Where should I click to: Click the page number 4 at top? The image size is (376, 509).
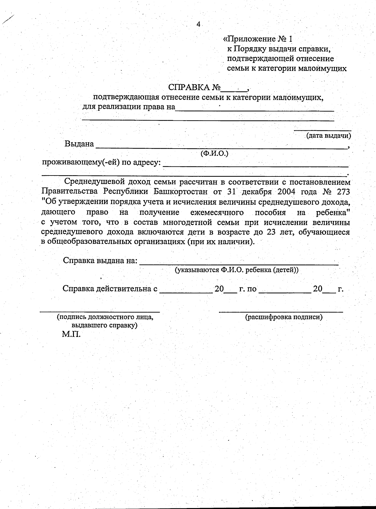pyautogui.click(x=198, y=24)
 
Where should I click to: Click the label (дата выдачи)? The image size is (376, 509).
pyautogui.click(x=328, y=136)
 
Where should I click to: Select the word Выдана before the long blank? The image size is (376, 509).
pyautogui.click(x=79, y=144)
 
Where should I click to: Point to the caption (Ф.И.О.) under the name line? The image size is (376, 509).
pyautogui.click(x=215, y=154)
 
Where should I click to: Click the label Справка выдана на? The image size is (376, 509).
pyautogui.click(x=100, y=261)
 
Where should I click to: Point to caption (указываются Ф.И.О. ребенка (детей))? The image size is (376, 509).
pyautogui.click(x=237, y=270)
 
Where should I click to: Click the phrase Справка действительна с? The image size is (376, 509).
pyautogui.click(x=110, y=288)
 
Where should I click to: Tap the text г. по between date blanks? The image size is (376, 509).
pyautogui.click(x=248, y=289)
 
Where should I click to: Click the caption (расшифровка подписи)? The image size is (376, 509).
pyautogui.click(x=284, y=317)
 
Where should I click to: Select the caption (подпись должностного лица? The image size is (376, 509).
pyautogui.click(x=105, y=317)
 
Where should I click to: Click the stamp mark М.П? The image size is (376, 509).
pyautogui.click(x=71, y=334)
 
